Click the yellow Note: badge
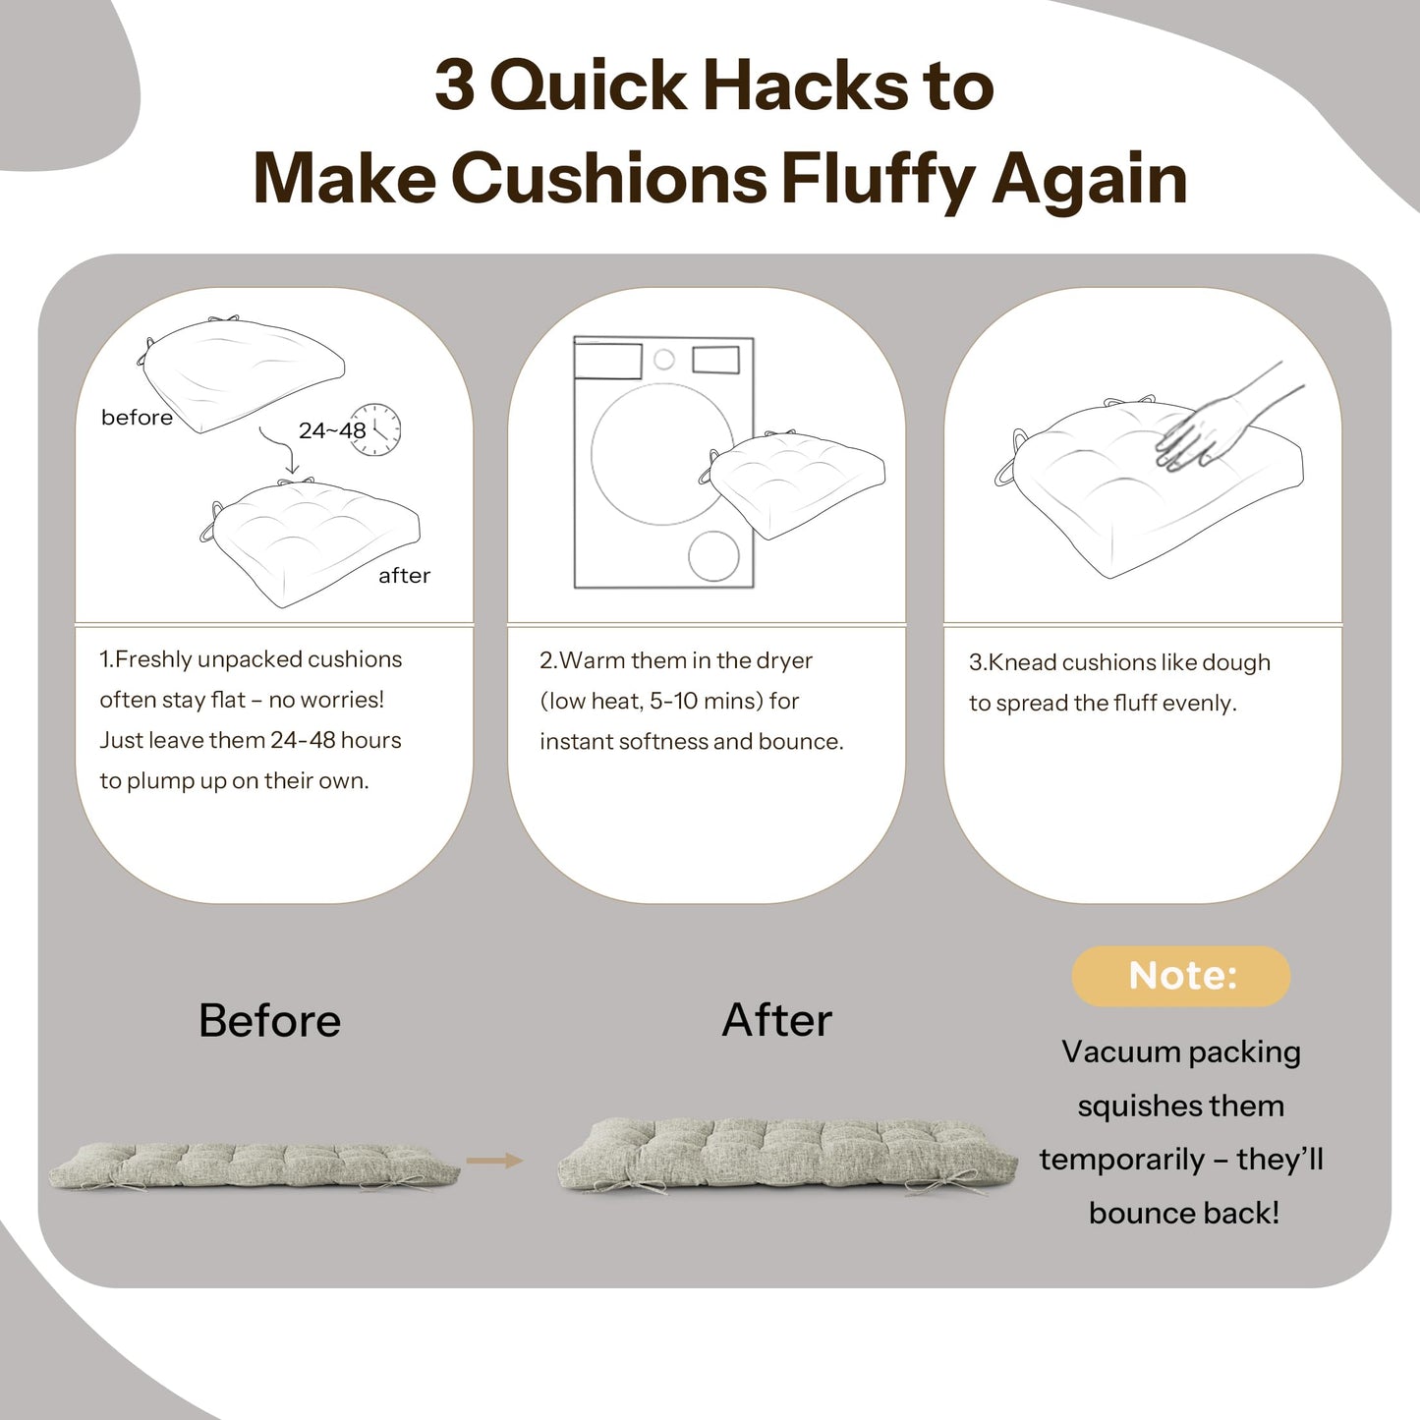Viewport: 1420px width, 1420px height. pyautogui.click(x=1180, y=976)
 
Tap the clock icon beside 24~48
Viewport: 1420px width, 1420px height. pyautogui.click(x=375, y=428)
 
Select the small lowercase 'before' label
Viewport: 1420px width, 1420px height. pyautogui.click(x=137, y=418)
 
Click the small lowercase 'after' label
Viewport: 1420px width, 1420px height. pyautogui.click(x=404, y=576)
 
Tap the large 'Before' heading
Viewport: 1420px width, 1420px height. pyautogui.click(x=269, y=1021)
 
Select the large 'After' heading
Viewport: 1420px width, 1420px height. pyautogui.click(x=776, y=1021)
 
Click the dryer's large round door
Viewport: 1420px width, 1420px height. pyautogui.click(x=661, y=454)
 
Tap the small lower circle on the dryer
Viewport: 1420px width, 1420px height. pyautogui.click(x=713, y=555)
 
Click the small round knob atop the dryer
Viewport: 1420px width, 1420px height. pyautogui.click(x=664, y=359)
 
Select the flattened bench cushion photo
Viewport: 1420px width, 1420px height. pyautogui.click(x=255, y=1165)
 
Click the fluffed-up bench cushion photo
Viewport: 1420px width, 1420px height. pyautogui.click(x=788, y=1157)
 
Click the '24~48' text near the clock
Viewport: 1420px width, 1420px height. pyautogui.click(x=331, y=430)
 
